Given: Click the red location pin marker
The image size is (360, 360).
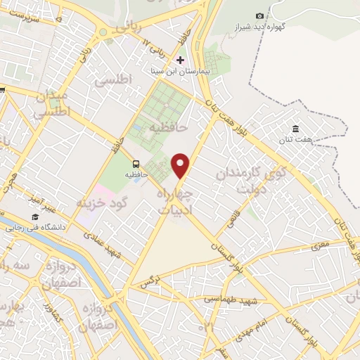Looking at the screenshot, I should (x=181, y=165).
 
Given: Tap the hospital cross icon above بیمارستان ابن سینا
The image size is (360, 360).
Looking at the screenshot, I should (x=181, y=60).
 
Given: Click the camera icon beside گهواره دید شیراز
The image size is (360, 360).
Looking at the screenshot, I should (x=260, y=16).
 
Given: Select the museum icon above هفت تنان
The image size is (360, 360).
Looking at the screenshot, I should (x=296, y=129).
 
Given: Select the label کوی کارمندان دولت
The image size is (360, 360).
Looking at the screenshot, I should (x=242, y=180).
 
